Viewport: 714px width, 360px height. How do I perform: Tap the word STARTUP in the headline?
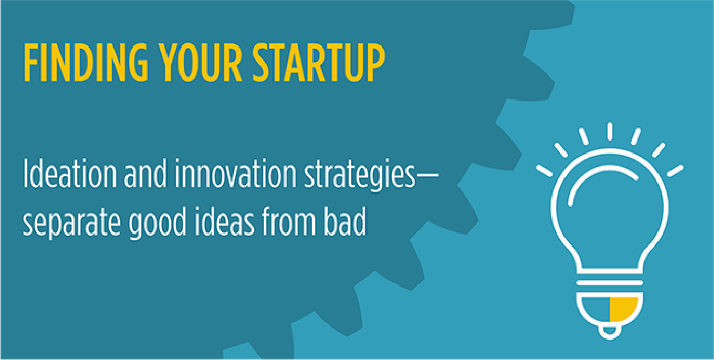point(319,62)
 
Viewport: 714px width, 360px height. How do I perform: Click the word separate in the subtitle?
point(71,222)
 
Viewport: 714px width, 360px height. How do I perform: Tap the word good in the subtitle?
point(158,222)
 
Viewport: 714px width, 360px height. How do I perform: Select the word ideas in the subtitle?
point(225,221)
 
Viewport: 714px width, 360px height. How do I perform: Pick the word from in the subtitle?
point(289,221)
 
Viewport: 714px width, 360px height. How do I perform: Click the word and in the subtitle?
point(145,174)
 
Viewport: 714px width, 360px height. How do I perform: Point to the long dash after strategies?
point(427,176)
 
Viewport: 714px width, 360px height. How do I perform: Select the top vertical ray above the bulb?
point(610,131)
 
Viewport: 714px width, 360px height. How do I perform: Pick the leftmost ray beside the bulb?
point(544,170)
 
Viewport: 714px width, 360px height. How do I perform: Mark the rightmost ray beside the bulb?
point(675,170)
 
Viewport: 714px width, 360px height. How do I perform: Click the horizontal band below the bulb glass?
point(610,283)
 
